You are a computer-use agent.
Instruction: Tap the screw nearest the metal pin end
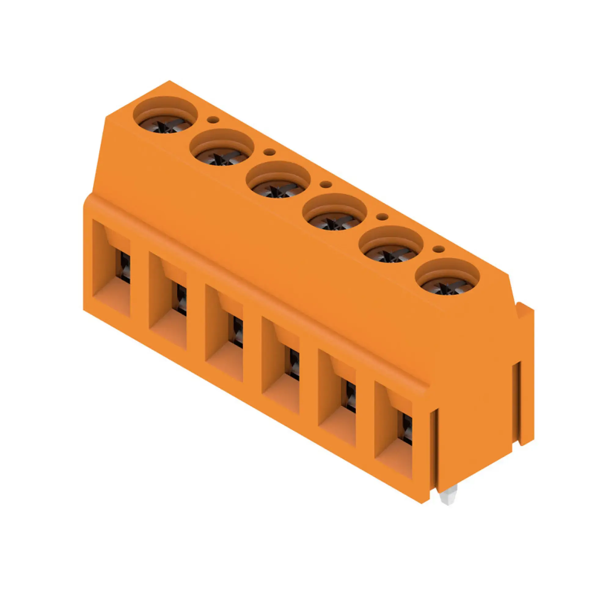[x=447, y=287]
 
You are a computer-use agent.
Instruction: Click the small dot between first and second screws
[x=213, y=119]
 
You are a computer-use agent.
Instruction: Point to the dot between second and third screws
[x=269, y=152]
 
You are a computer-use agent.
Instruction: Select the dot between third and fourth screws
[x=326, y=185]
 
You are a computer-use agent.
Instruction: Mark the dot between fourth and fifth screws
[x=382, y=217]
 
